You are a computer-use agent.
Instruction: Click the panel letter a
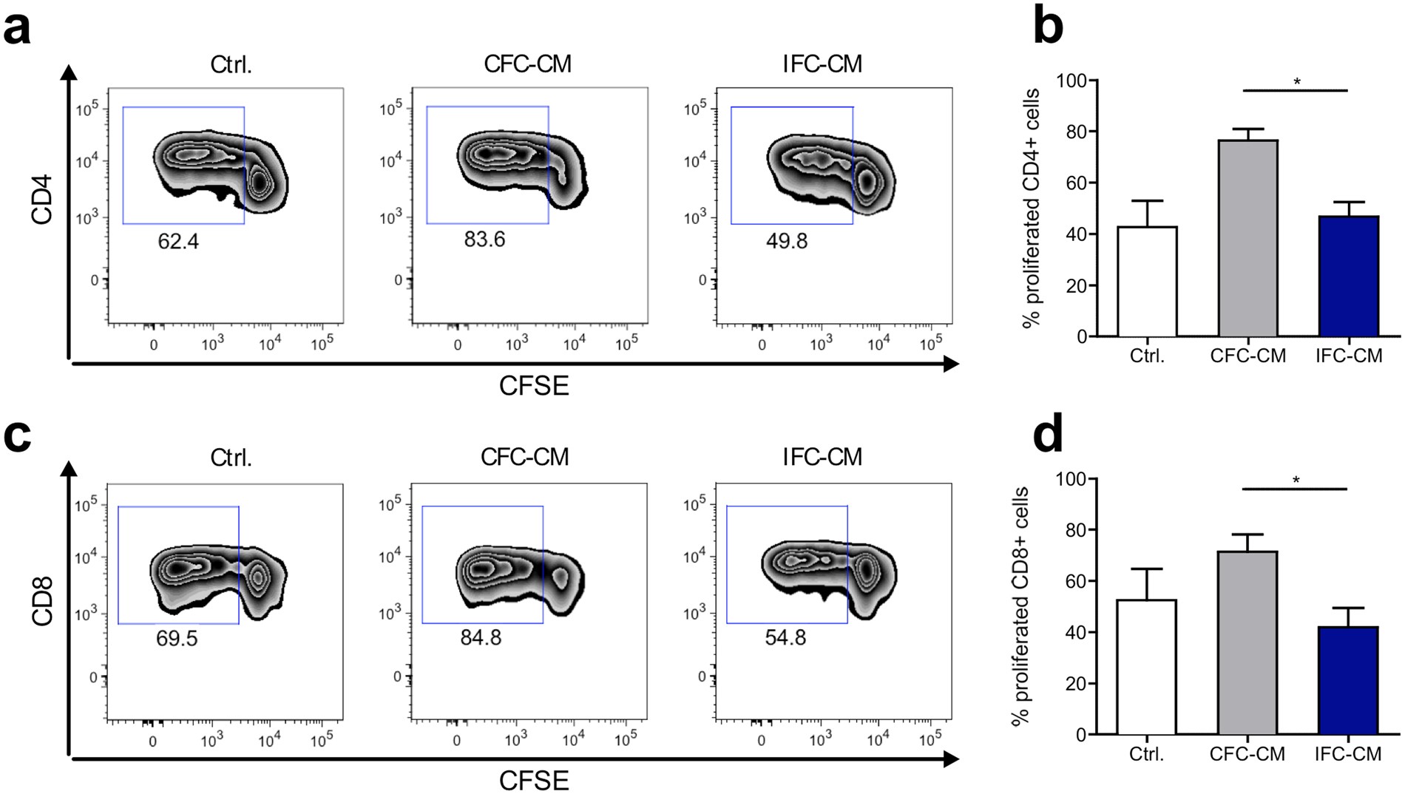(x=18, y=31)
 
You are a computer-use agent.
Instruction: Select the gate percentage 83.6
(x=484, y=240)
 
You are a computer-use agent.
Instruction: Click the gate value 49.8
(x=787, y=241)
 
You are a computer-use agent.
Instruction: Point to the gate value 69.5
(x=177, y=638)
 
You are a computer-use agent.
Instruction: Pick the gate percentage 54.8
(x=785, y=637)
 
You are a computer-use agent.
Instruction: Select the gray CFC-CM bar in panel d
(x=1247, y=642)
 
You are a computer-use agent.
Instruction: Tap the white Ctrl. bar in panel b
(x=1147, y=281)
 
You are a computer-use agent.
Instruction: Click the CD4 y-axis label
(x=42, y=199)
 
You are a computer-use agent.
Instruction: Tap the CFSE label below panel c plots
(x=534, y=781)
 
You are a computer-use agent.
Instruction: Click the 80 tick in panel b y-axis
(x=1076, y=132)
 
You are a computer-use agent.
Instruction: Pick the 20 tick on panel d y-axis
(x=1076, y=684)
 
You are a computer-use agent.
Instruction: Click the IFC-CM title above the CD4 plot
(x=822, y=64)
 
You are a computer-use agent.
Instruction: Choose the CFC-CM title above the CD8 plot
(x=524, y=457)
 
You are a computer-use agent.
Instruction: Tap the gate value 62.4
(x=178, y=242)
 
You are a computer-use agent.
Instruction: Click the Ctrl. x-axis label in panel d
(x=1146, y=754)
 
